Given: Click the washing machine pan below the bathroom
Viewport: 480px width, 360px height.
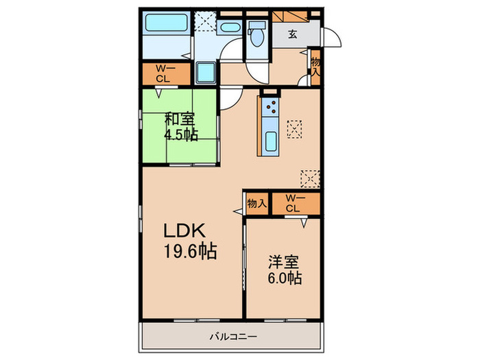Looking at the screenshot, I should pyautogui.click(x=206, y=71).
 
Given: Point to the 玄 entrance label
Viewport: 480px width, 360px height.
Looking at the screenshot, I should pyautogui.click(x=292, y=34).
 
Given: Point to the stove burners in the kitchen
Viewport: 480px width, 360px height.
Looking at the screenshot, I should pyautogui.click(x=270, y=106).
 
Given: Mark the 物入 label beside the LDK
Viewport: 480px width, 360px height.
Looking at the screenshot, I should pyautogui.click(x=256, y=203).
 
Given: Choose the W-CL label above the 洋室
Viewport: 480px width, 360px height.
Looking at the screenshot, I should pyautogui.click(x=293, y=203).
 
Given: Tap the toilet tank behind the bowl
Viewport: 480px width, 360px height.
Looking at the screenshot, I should pyautogui.click(x=258, y=26).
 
